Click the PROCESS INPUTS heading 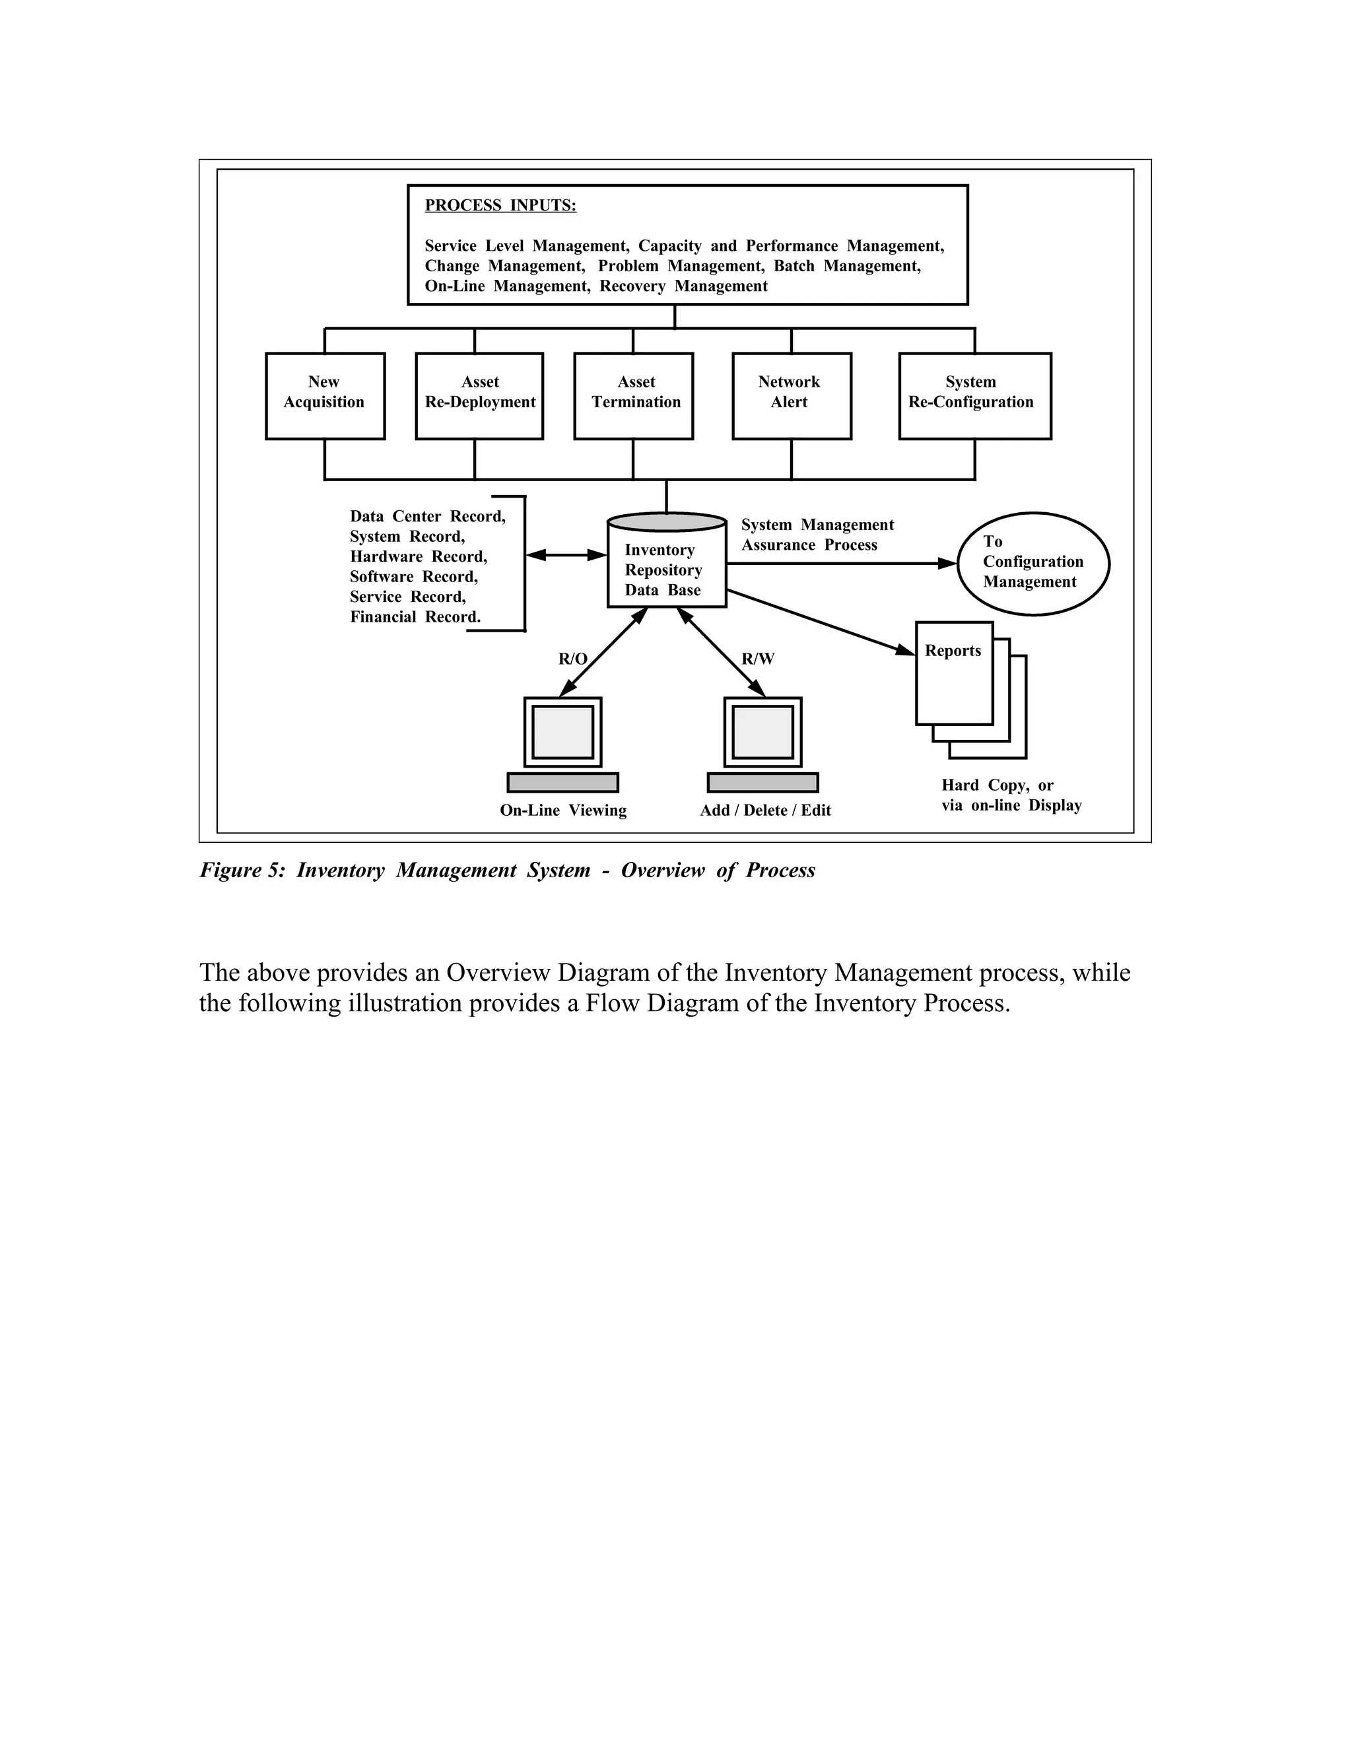pyautogui.click(x=500, y=206)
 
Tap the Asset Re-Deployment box pyautogui.click(x=479, y=395)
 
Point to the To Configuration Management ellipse pyautogui.click(x=1032, y=563)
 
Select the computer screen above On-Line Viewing pyautogui.click(x=562, y=732)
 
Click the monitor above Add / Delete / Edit pyautogui.click(x=762, y=732)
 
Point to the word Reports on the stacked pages pyautogui.click(x=953, y=651)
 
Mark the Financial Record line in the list pyautogui.click(x=415, y=616)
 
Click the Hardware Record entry pyautogui.click(x=418, y=556)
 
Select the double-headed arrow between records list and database pyautogui.click(x=566, y=554)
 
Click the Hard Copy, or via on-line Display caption pyautogui.click(x=1011, y=795)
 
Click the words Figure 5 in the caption pyautogui.click(x=241, y=871)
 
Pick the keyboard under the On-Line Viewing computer pyautogui.click(x=562, y=782)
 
